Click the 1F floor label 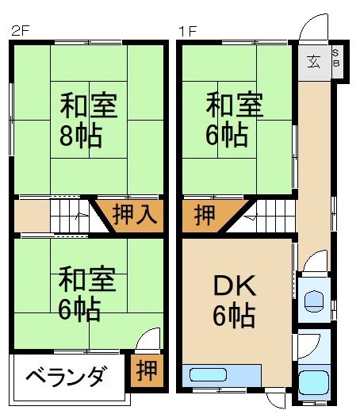[187, 33]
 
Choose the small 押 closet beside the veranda [145, 370]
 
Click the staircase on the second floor [71, 215]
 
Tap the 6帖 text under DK [233, 317]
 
